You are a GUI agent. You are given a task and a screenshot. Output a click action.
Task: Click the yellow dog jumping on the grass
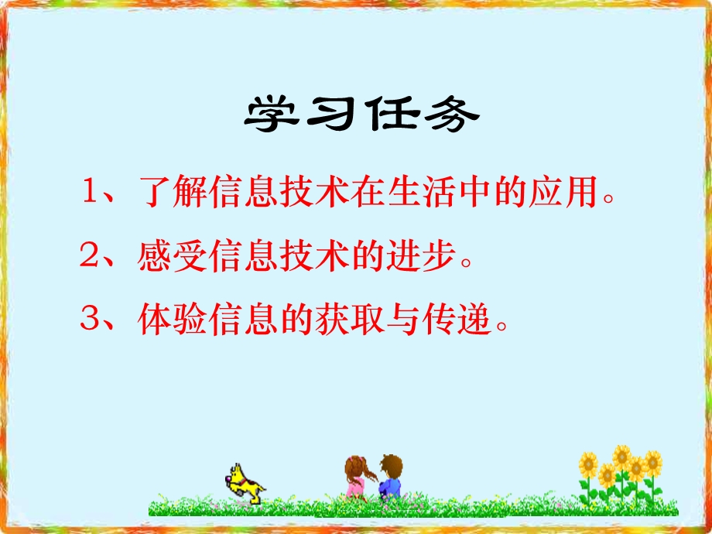[243, 481]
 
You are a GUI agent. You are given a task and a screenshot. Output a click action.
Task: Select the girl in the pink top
[356, 476]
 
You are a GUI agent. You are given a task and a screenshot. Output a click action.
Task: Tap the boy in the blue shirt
[389, 476]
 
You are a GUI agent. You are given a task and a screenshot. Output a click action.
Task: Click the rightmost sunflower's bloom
[653, 463]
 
